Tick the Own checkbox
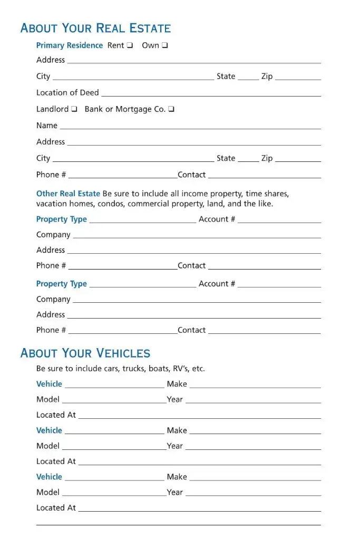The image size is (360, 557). tap(165, 45)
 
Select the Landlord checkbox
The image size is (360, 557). tap(74, 109)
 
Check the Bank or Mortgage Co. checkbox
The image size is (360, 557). tap(171, 109)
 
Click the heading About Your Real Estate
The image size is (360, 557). tap(95, 28)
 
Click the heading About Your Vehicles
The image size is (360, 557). tap(85, 353)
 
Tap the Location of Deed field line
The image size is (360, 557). tap(211, 94)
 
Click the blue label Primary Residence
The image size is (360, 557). tap(70, 45)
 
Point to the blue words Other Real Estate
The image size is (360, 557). tap(68, 194)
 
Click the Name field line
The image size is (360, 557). tap(190, 127)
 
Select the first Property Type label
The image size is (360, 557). tap(62, 219)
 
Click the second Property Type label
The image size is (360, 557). tap(62, 284)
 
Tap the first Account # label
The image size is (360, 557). tap(217, 219)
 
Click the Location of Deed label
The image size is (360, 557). tap(67, 93)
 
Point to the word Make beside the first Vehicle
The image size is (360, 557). tap(177, 384)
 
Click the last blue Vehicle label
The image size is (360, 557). tap(49, 477)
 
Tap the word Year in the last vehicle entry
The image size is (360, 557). tap(175, 493)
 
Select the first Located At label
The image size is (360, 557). tap(56, 415)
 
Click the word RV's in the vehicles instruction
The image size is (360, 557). tap(180, 368)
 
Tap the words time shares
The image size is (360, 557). tap(267, 194)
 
